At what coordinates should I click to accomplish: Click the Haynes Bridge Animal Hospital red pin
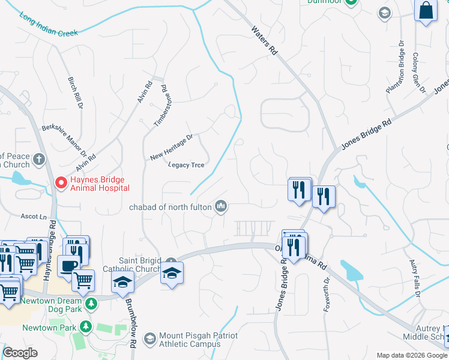click(x=61, y=182)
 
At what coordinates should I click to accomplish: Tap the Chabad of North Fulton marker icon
click(x=221, y=206)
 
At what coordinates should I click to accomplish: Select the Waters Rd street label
click(x=264, y=41)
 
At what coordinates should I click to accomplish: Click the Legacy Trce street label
click(x=186, y=164)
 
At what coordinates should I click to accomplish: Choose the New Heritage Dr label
click(x=172, y=147)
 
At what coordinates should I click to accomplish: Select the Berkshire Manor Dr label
click(x=64, y=139)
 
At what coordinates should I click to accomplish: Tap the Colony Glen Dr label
click(x=418, y=73)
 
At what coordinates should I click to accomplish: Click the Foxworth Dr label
click(x=327, y=289)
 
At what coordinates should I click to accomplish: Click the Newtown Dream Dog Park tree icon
click(x=91, y=304)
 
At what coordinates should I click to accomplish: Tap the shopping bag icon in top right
click(x=426, y=10)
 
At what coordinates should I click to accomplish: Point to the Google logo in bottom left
click(x=20, y=353)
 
